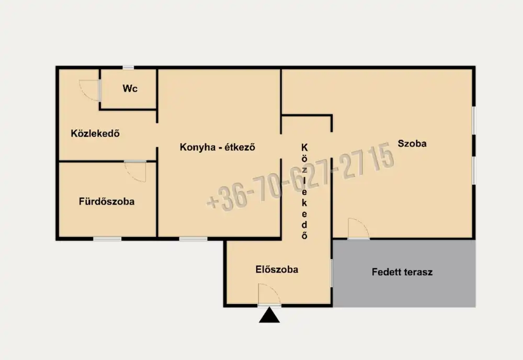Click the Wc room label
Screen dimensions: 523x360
click(x=130, y=88)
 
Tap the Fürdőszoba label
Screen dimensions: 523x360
click(x=107, y=201)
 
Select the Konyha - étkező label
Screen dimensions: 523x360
click(x=218, y=147)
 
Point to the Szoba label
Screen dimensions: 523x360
click(x=412, y=143)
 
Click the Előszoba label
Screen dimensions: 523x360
click(x=277, y=269)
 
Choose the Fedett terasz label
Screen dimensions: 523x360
click(x=402, y=272)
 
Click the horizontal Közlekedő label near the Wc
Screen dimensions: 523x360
click(x=95, y=133)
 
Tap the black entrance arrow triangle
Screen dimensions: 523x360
click(x=269, y=316)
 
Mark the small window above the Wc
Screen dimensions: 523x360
click(x=128, y=67)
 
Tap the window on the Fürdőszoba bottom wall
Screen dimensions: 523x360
click(x=107, y=239)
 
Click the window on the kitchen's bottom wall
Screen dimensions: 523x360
click(x=193, y=239)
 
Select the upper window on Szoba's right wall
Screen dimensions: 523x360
click(x=474, y=121)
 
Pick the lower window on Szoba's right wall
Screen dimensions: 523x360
click(x=474, y=170)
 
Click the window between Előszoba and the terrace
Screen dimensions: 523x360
click(x=332, y=273)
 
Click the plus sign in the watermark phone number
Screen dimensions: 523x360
click(x=213, y=202)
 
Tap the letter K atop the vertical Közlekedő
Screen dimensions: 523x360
click(x=304, y=148)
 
